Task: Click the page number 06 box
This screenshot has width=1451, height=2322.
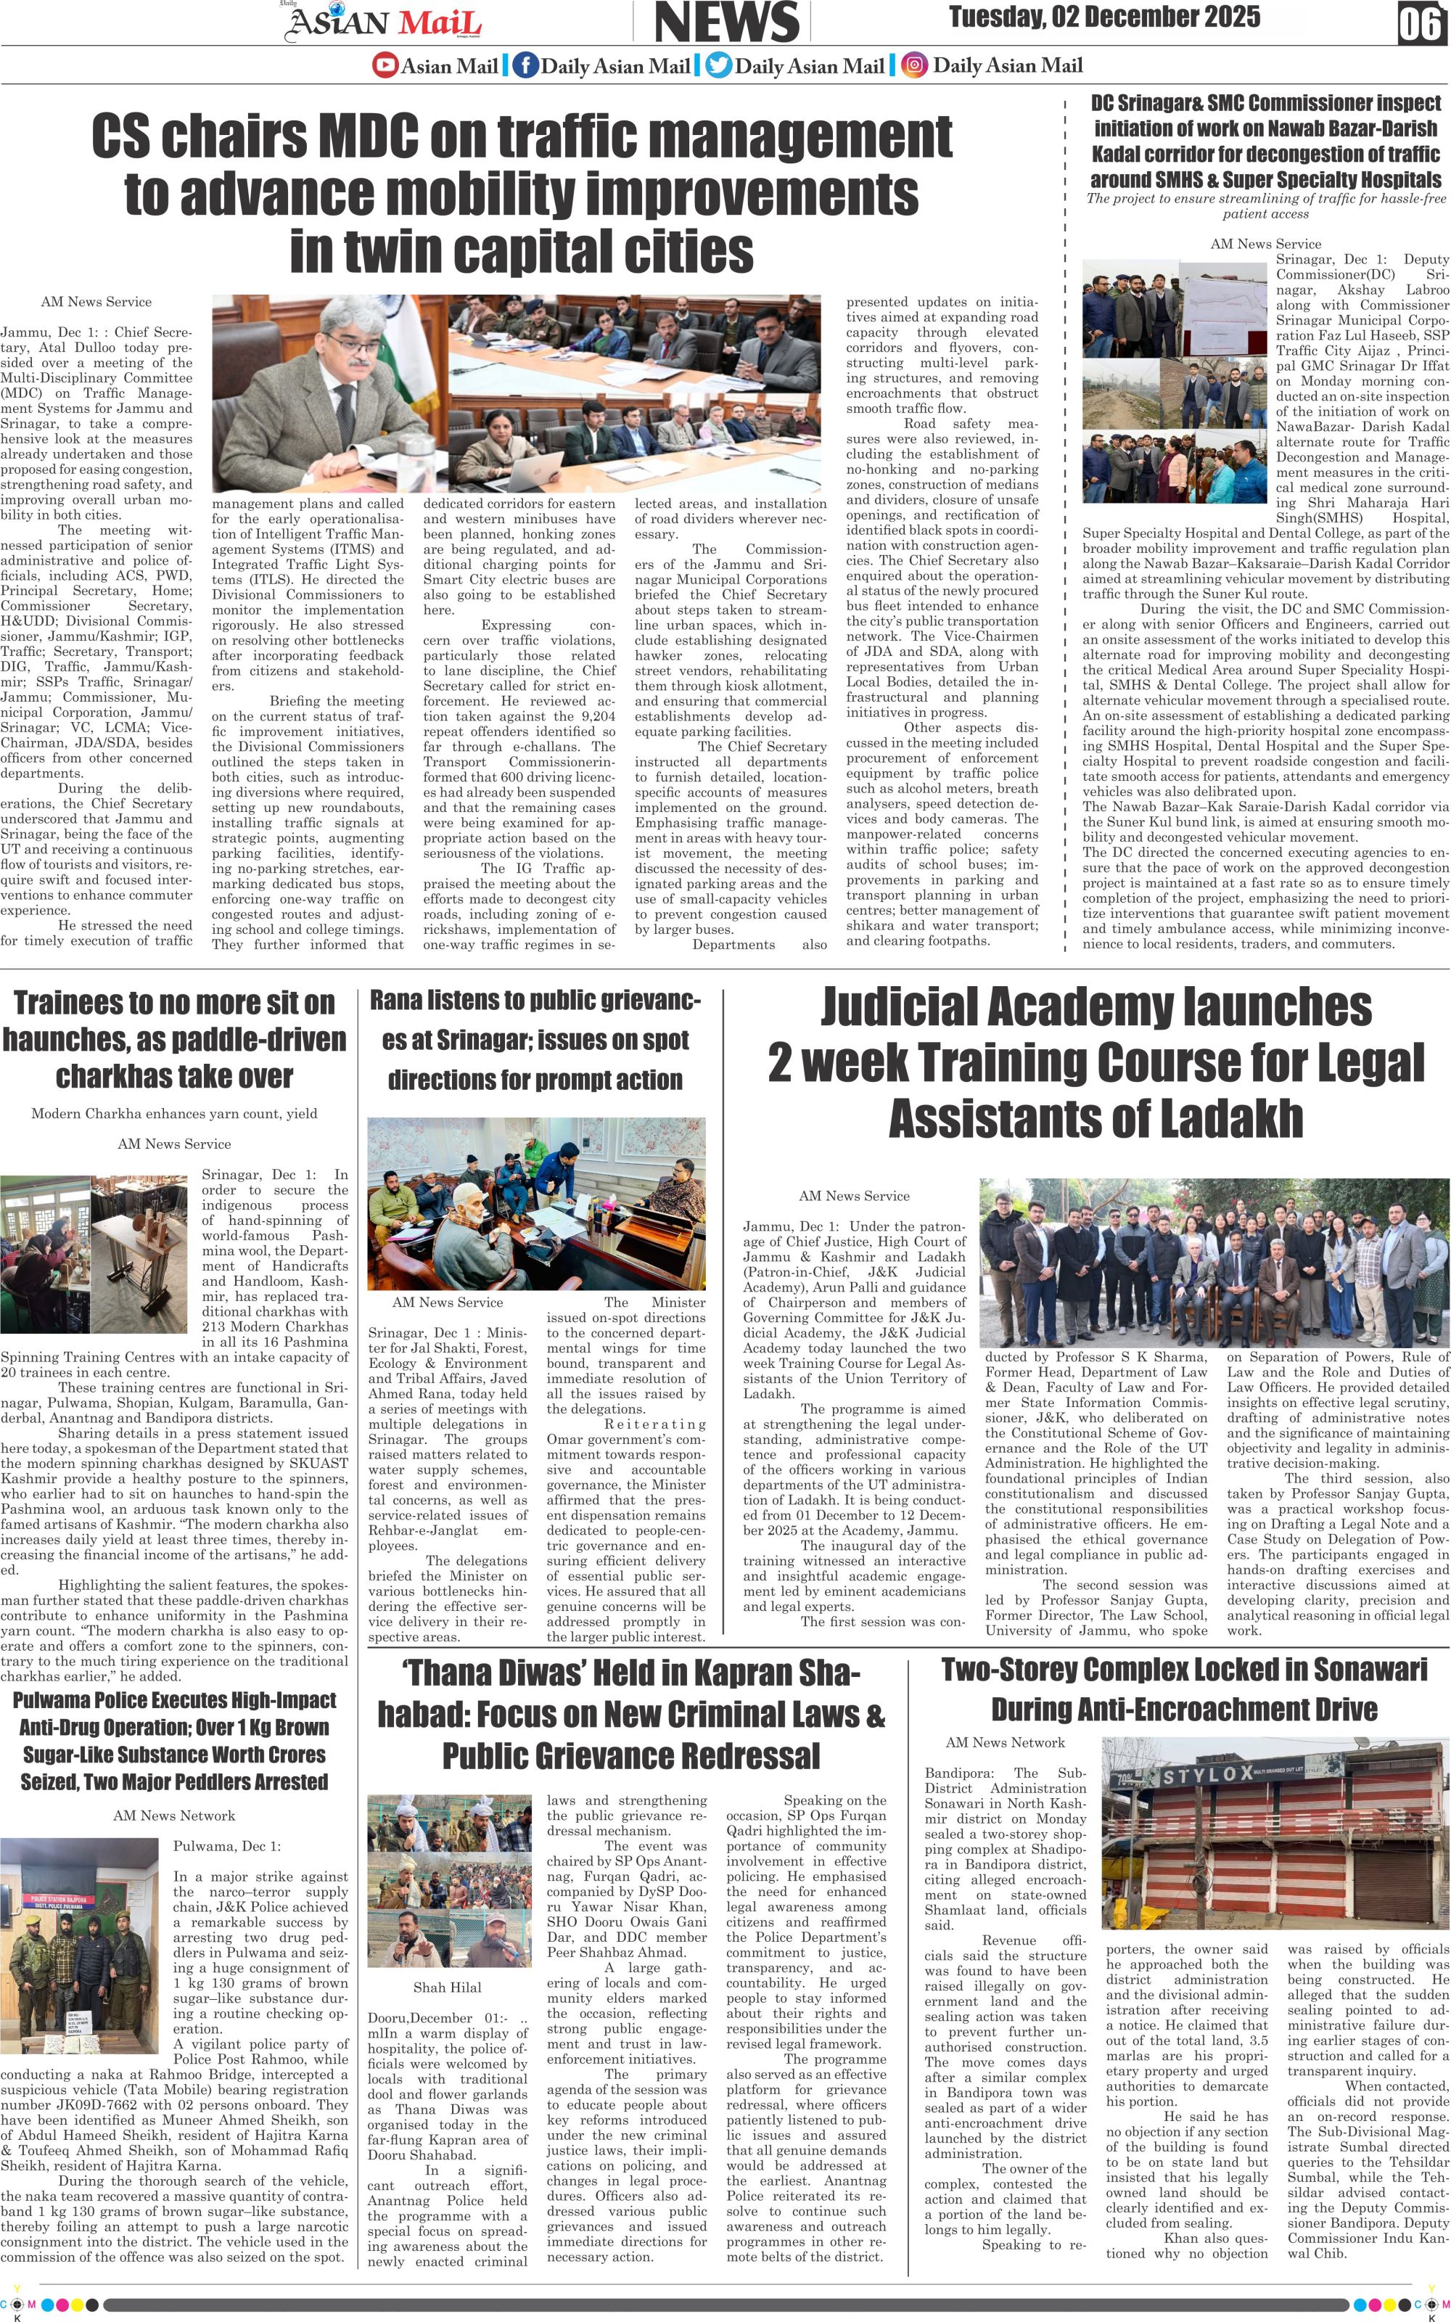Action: (x=1421, y=22)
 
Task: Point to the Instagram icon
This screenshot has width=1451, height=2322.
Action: (x=916, y=65)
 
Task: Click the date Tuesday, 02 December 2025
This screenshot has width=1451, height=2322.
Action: (x=1103, y=17)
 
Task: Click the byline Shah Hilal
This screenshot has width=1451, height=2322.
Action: (x=447, y=1987)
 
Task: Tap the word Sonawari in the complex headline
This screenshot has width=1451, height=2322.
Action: (x=1356, y=1670)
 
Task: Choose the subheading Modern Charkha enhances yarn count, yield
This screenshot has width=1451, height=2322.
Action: (x=173, y=1114)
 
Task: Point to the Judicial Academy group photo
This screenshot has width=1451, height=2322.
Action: (x=1213, y=1263)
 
